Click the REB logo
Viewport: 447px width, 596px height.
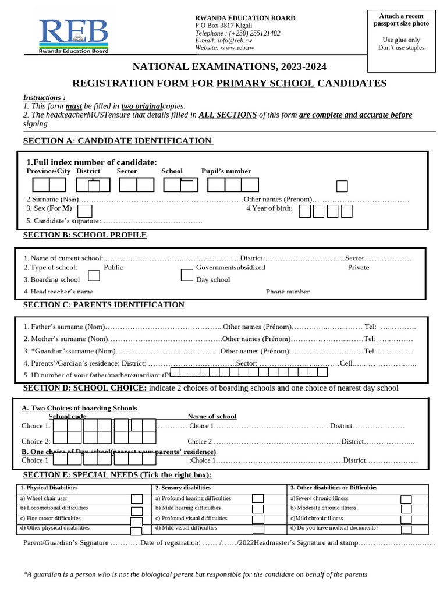(x=74, y=36)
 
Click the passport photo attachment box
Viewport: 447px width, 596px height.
(x=401, y=41)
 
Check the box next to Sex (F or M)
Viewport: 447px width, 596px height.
(x=85, y=211)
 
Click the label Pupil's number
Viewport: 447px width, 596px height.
(x=226, y=171)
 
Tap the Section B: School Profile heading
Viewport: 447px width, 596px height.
(x=85, y=235)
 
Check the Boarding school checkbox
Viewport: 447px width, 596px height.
(x=94, y=275)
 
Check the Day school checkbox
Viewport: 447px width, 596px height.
(x=187, y=275)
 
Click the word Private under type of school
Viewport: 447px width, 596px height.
(x=359, y=268)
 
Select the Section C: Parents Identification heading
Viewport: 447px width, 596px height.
(x=104, y=305)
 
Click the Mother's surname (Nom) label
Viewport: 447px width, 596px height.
(x=66, y=339)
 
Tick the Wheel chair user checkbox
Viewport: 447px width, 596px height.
(x=136, y=499)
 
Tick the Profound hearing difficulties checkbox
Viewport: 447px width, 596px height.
(x=258, y=499)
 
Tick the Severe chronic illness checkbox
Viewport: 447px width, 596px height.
(x=406, y=500)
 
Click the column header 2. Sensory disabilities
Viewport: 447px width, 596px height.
(x=183, y=488)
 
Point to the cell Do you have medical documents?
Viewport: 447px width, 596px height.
(x=334, y=528)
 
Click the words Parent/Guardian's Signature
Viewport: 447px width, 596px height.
(x=66, y=543)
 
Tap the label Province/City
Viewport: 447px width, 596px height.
(x=48, y=171)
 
